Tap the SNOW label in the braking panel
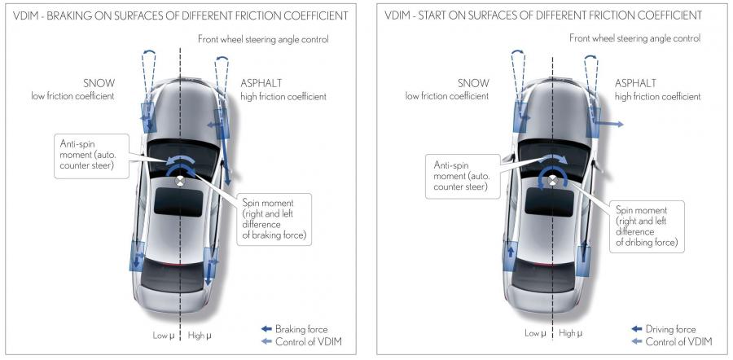99,84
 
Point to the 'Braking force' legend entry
295,329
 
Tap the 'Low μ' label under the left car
163,336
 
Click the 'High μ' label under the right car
571,333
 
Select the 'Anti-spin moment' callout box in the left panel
91,156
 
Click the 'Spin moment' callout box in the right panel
647,226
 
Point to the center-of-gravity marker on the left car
179,182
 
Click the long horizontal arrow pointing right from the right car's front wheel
608,124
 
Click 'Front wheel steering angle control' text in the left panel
263,39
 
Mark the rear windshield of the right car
544,278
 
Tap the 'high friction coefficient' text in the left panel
283,97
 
